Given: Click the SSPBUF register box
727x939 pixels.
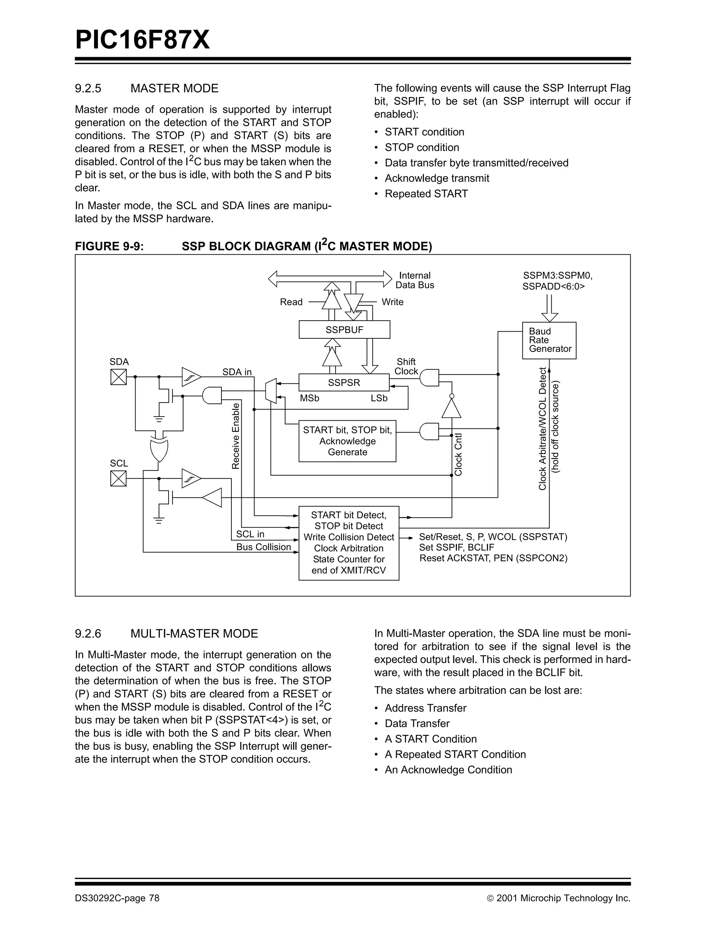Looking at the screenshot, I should click(344, 330).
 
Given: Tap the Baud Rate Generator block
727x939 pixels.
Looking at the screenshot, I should click(549, 340).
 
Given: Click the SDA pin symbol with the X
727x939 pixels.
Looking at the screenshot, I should click(118, 377).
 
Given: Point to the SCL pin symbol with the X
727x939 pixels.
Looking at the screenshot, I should click(118, 478).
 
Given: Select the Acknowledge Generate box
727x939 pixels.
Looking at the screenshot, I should click(347, 441).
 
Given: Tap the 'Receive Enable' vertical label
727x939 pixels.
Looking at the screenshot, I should click(236, 436).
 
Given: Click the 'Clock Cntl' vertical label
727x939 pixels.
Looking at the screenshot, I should click(459, 454).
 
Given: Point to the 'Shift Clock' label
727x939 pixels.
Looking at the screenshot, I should click(406, 366).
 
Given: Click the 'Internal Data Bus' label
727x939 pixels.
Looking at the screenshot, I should click(414, 280).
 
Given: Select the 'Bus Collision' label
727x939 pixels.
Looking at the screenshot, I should click(263, 547).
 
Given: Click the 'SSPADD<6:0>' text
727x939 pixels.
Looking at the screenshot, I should click(553, 286).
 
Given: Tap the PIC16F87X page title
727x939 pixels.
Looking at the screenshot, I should click(142, 40).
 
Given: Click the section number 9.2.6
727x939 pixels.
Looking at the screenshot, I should click(88, 633).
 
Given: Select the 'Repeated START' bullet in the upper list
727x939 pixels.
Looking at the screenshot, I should click(426, 194).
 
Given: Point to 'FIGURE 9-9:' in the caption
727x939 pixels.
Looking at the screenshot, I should click(109, 246).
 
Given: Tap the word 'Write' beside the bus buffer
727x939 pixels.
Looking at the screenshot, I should click(392, 302).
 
